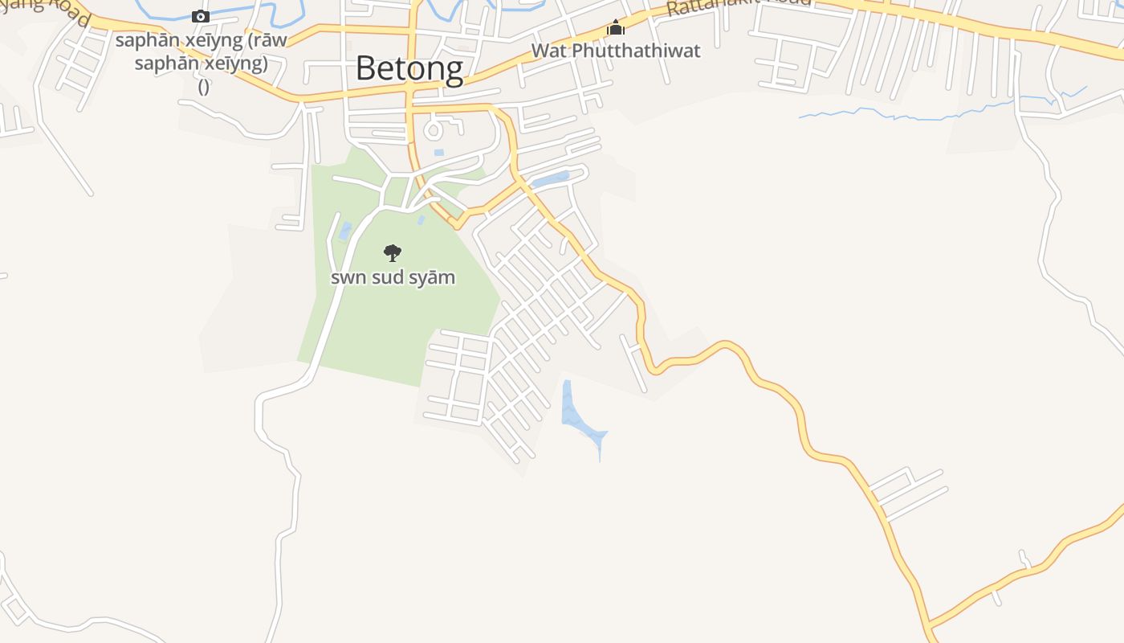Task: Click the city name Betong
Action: (409, 68)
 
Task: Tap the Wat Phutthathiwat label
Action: (616, 51)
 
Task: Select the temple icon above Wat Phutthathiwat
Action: (616, 28)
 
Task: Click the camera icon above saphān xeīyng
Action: (201, 16)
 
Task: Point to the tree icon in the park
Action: (393, 253)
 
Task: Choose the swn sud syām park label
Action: (393, 278)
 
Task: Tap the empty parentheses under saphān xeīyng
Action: (203, 87)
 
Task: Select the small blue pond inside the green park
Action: (345, 231)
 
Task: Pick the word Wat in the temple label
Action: (547, 51)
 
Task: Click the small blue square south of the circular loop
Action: (438, 152)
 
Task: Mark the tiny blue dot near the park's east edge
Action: (421, 219)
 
